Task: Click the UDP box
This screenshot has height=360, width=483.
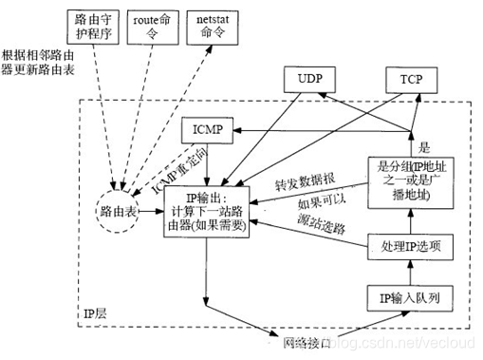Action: point(311,81)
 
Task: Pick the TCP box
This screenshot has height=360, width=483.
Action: point(412,81)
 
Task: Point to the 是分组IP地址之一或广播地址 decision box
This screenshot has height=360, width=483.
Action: point(411,180)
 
